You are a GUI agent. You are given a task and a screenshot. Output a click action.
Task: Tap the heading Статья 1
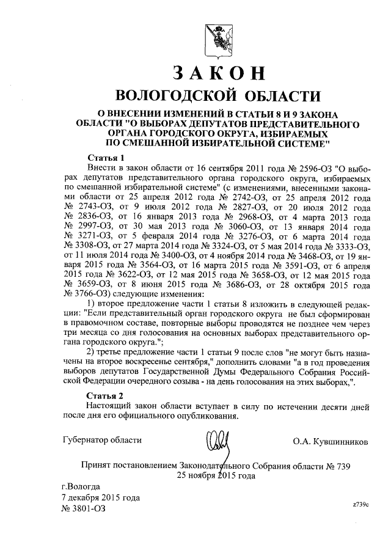(x=106, y=158)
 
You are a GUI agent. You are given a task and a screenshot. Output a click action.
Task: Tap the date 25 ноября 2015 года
(x=216, y=477)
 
